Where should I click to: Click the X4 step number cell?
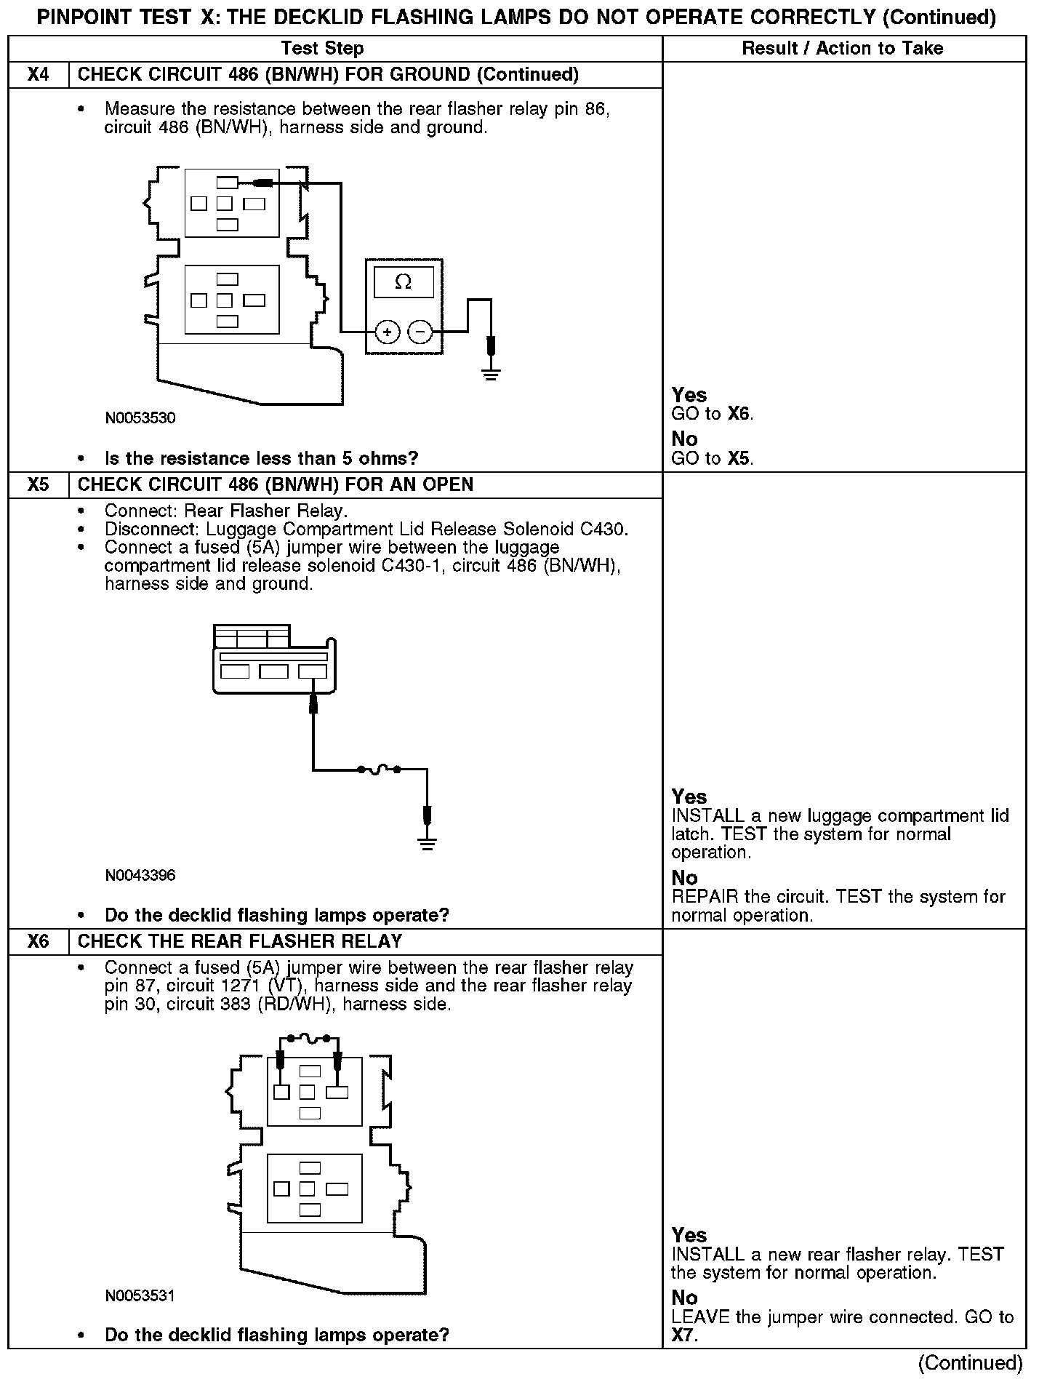point(38,75)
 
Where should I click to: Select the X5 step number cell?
point(38,484)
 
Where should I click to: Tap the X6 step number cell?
point(38,941)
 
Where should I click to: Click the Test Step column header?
point(322,49)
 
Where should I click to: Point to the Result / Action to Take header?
point(843,49)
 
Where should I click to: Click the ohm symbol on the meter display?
point(403,282)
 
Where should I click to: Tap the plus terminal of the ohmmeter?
point(388,332)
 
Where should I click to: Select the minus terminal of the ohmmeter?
point(420,332)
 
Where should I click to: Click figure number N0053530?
point(140,418)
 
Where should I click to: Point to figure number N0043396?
point(140,875)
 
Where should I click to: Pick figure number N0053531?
point(140,1295)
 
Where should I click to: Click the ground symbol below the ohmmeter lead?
point(492,375)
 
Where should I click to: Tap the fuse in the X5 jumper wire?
point(378,770)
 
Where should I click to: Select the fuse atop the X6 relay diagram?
point(308,1039)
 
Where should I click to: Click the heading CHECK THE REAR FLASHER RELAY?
point(240,941)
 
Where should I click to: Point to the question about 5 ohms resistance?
point(262,458)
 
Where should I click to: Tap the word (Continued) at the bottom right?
point(971,1362)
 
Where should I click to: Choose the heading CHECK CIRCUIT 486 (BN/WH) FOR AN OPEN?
point(276,484)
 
